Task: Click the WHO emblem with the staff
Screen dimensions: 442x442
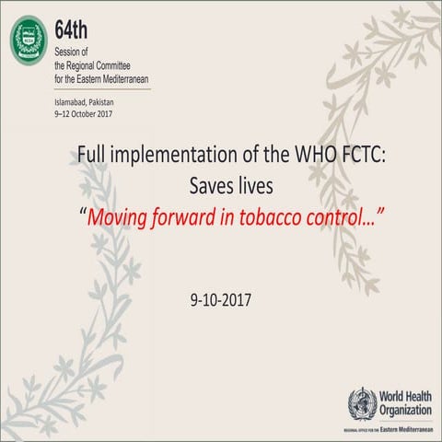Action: (361, 403)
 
